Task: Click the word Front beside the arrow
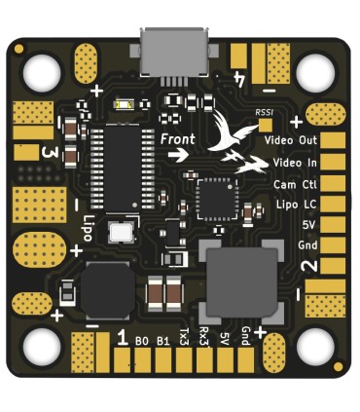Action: [178, 139]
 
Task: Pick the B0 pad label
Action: [142, 341]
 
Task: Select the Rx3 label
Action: [203, 337]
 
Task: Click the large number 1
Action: [123, 338]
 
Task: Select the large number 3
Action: [48, 152]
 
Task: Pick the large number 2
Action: [307, 266]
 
